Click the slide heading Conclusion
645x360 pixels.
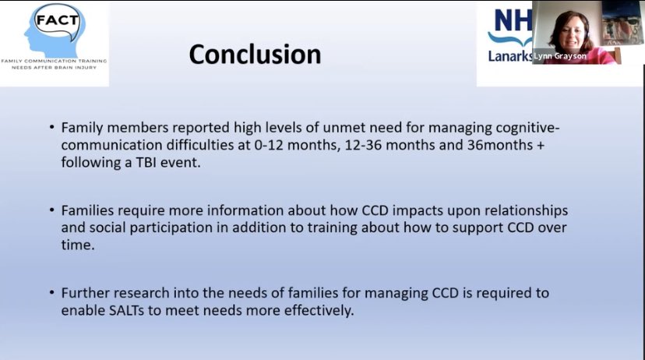tap(255, 54)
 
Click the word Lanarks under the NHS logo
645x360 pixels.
tap(509, 55)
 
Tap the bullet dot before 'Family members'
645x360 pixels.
tap(52, 127)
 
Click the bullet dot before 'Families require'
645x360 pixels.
tap(52, 211)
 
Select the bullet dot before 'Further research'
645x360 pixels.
tap(52, 294)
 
